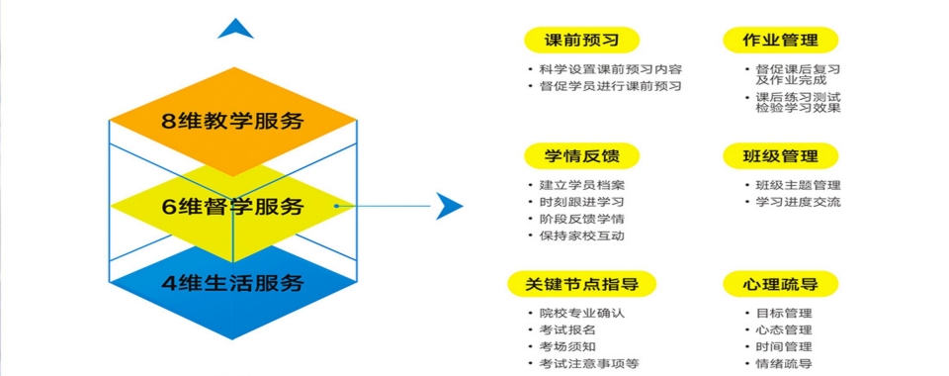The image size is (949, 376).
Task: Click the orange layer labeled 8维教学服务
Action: (232, 122)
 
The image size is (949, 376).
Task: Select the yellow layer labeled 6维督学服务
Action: (232, 207)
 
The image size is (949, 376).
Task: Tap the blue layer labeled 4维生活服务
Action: (232, 284)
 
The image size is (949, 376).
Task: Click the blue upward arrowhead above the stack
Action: (235, 29)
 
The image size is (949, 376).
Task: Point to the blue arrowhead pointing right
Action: (450, 206)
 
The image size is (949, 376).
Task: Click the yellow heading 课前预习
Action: (581, 41)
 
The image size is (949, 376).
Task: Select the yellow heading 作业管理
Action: (780, 41)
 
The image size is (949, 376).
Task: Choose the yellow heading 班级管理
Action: (780, 155)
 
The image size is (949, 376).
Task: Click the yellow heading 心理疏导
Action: (780, 284)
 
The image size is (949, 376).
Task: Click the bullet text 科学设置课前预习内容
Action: (610, 70)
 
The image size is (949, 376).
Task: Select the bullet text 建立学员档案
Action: (581, 185)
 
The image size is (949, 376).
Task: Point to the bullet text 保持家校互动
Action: (581, 235)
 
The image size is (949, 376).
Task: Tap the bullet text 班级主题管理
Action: (798, 185)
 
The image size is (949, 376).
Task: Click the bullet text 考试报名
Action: (567, 329)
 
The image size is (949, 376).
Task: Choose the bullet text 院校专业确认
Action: (581, 313)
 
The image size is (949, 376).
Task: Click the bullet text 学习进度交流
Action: (798, 202)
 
